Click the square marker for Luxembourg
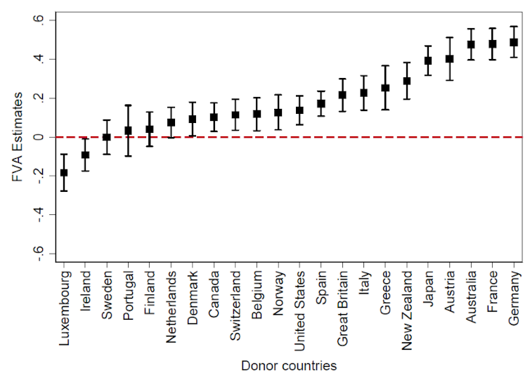[64, 172]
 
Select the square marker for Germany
[514, 42]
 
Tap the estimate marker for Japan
[428, 61]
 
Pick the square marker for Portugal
[128, 131]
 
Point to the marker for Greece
[385, 88]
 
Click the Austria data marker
[450, 59]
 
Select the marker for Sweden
[107, 137]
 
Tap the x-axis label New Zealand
[407, 305]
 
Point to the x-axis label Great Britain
[342, 306]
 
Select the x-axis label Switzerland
[235, 302]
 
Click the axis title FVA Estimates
[17, 137]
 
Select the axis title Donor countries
[289, 366]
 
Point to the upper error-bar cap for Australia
[471, 29]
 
